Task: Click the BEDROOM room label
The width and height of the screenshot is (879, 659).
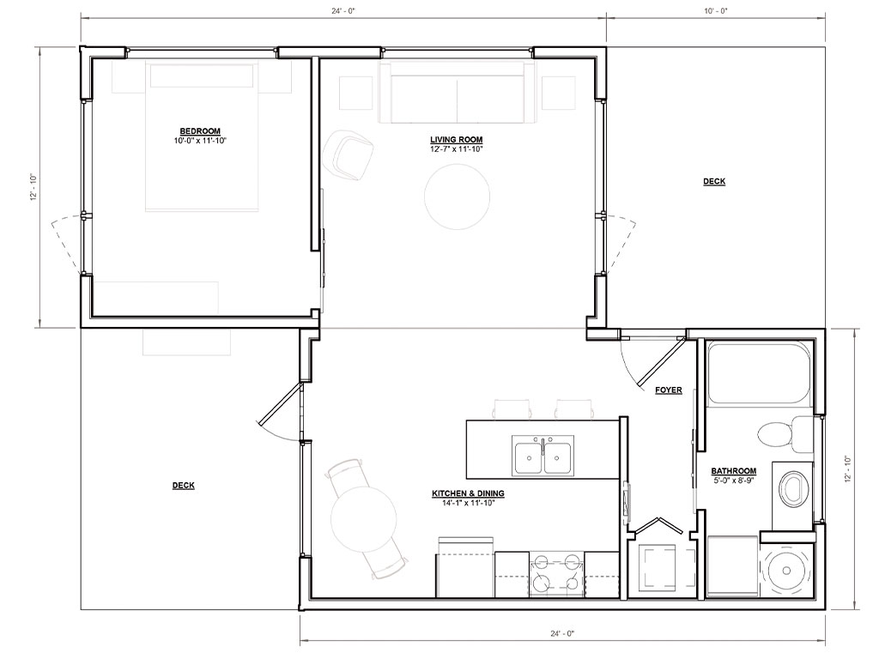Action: click(x=200, y=131)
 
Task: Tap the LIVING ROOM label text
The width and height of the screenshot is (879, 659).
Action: click(x=457, y=140)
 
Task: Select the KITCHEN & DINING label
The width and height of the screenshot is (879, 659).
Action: click(x=468, y=493)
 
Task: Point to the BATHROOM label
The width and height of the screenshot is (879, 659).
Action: click(x=734, y=471)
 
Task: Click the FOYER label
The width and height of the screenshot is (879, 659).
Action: click(x=669, y=390)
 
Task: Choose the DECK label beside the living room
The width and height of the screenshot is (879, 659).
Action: click(x=714, y=181)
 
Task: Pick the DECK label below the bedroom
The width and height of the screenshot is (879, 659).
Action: click(x=184, y=486)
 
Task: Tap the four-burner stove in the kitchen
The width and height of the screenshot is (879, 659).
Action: click(x=556, y=574)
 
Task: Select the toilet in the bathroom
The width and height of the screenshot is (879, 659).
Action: click(x=785, y=435)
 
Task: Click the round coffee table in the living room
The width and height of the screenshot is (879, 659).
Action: click(x=457, y=196)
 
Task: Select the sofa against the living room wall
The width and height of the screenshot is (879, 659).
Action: click(x=457, y=93)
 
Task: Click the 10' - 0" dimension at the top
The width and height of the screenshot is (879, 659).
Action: click(x=716, y=10)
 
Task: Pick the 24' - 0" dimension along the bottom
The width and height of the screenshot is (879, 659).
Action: click(x=562, y=634)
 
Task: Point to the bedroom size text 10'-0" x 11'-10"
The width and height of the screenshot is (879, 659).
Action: click(x=200, y=141)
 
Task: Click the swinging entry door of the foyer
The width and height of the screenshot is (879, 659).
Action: click(x=662, y=362)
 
